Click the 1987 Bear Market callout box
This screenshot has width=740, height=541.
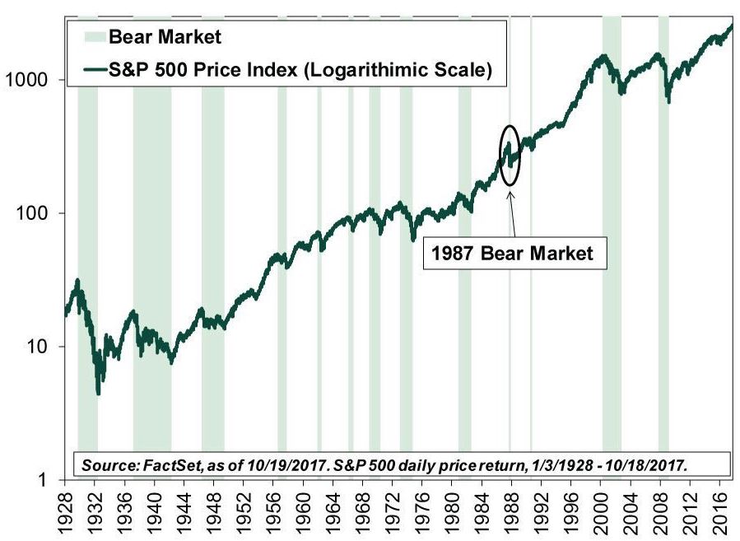(514, 253)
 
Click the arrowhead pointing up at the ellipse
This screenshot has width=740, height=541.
(510, 195)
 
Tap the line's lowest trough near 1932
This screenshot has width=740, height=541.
(99, 394)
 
